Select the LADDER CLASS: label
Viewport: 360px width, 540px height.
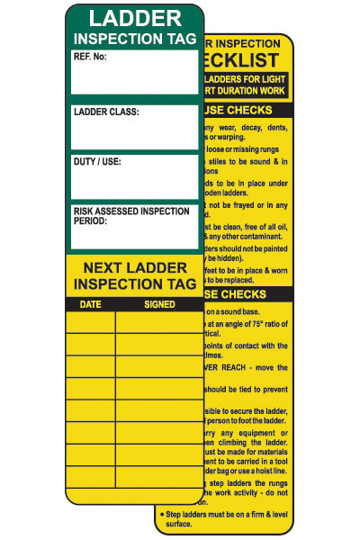106,112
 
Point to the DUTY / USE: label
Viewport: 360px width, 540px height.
97,162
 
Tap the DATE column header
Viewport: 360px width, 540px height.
91,304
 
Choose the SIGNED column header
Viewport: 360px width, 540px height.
159,304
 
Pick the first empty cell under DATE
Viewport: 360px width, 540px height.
91,321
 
